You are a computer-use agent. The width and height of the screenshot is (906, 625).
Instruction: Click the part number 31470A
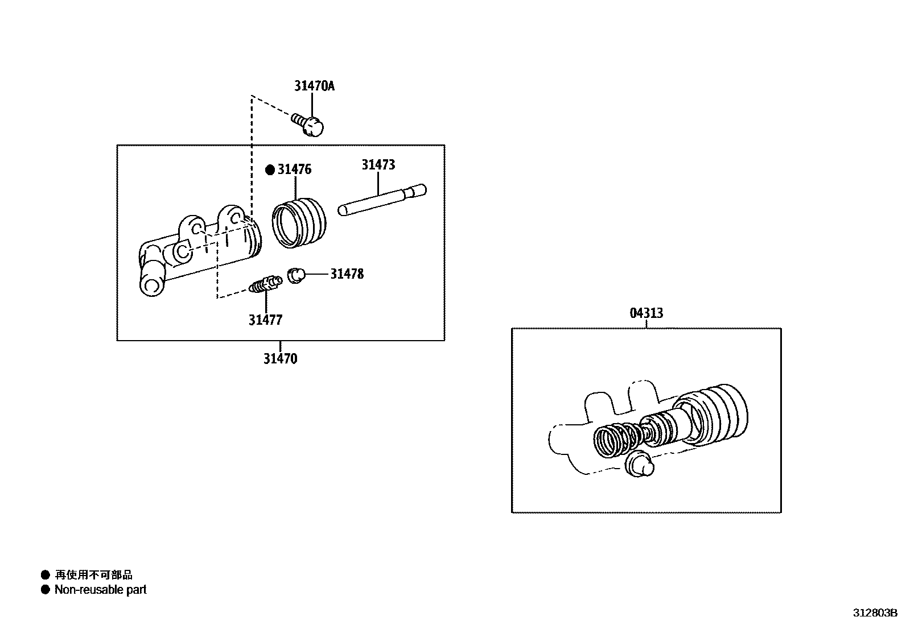314,86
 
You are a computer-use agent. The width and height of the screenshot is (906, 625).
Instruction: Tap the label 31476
294,169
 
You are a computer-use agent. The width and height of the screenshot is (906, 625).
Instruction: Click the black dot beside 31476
270,169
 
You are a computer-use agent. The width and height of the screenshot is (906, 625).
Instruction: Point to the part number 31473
378,165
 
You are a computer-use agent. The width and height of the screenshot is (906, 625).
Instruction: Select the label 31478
347,274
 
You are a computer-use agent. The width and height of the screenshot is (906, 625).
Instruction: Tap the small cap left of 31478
296,275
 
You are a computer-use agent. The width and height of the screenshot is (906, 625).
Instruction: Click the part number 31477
265,320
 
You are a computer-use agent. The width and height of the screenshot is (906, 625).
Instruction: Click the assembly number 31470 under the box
280,359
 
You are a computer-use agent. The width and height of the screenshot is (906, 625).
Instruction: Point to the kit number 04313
646,313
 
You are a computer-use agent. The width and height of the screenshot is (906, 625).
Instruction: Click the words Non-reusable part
100,590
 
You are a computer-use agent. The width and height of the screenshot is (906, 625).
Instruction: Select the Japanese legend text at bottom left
93,575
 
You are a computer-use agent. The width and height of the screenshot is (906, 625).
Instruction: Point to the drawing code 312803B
874,614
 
